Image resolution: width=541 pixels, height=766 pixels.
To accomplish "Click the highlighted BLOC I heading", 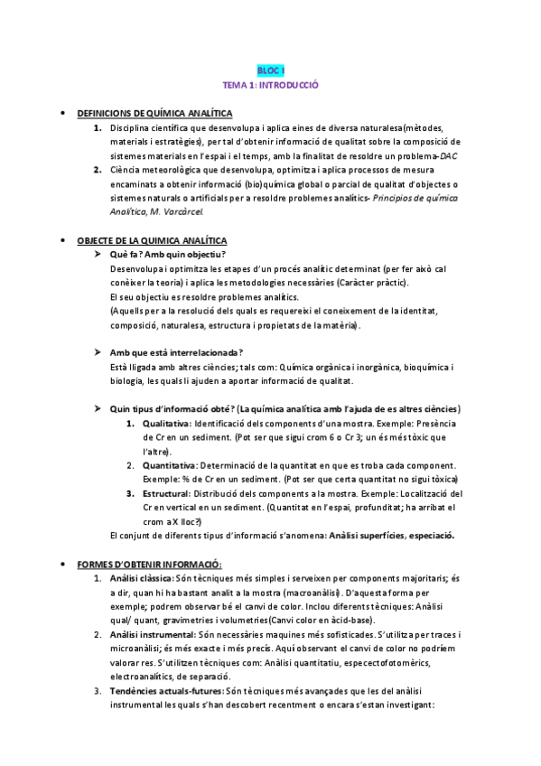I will point(271,70).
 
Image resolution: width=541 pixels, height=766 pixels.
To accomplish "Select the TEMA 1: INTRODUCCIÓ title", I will point(271,85).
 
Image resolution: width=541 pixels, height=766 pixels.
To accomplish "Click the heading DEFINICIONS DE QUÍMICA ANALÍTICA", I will point(154,114).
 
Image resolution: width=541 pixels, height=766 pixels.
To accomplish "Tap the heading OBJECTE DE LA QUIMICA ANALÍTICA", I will point(153,241).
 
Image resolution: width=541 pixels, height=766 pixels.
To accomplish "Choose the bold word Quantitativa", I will point(168,465).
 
